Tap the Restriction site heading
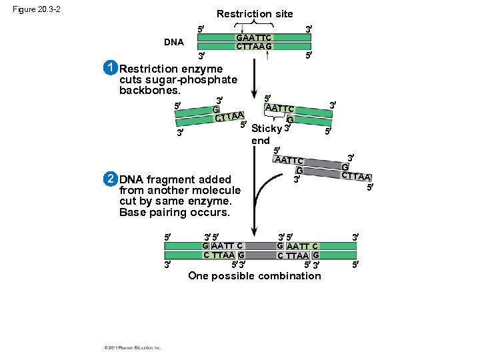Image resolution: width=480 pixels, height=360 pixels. click(x=254, y=13)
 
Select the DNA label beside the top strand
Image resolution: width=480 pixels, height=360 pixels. click(x=174, y=42)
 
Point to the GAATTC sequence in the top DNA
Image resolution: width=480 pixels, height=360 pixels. click(x=254, y=37)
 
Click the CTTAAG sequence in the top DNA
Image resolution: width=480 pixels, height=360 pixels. click(x=254, y=46)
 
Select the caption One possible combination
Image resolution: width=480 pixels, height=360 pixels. click(x=254, y=275)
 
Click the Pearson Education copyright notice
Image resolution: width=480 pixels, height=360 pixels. click(x=133, y=347)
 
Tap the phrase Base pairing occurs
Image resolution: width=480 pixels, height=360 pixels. click(x=174, y=213)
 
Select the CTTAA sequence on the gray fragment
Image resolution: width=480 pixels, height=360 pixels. click(x=355, y=176)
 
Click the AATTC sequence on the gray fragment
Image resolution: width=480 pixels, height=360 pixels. click(x=290, y=160)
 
